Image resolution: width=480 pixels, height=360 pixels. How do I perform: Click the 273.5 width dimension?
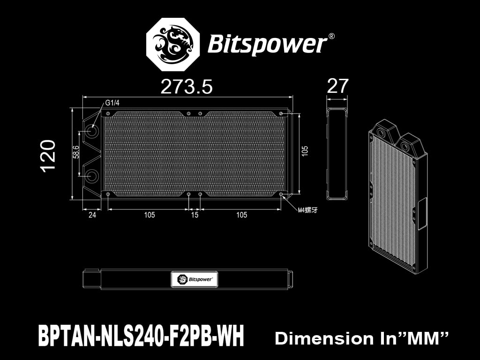pos(186,87)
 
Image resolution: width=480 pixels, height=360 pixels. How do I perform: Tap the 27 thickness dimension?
pos(337,86)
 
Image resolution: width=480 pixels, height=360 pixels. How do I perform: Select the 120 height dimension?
pos(48,156)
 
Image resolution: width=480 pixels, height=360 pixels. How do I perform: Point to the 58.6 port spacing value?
pos(76,152)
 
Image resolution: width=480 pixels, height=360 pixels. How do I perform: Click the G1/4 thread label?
pos(112,103)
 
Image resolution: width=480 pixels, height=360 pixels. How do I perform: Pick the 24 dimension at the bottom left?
pos(92,215)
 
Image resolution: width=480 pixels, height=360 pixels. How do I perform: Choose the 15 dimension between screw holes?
pos(195,215)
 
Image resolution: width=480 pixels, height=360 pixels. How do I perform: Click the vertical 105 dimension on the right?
pos(305,151)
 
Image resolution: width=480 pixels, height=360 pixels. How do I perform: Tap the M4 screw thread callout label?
pos(307,210)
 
